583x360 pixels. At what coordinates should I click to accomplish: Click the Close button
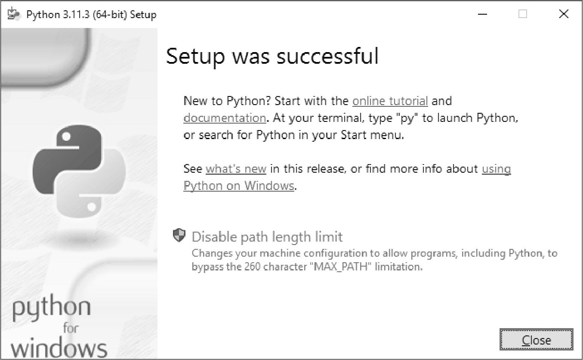[537, 339]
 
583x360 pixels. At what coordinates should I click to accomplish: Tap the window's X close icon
[564, 14]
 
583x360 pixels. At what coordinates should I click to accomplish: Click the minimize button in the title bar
[483, 14]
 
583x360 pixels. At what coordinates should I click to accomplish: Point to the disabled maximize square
[523, 14]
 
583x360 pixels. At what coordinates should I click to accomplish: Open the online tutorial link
[390, 101]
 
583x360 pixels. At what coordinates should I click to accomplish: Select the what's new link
[236, 169]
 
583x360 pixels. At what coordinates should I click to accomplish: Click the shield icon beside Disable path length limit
[179, 235]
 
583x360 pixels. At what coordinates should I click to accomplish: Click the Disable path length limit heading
[267, 237]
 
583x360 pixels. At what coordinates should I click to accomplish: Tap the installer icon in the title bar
[13, 14]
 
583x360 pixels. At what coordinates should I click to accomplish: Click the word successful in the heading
[327, 56]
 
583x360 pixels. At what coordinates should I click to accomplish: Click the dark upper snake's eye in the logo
[66, 136]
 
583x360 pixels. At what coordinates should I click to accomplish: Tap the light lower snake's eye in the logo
[92, 207]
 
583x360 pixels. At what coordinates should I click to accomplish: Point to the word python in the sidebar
[52, 307]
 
